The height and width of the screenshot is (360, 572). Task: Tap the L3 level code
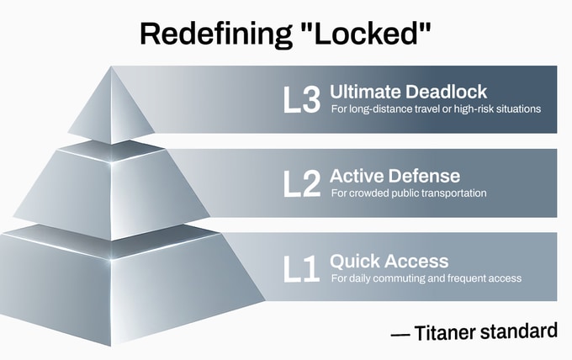click(x=302, y=100)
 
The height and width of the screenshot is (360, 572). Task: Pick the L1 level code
click(x=300, y=270)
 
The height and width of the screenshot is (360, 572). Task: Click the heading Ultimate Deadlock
click(x=408, y=91)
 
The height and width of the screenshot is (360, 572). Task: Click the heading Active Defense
click(x=395, y=176)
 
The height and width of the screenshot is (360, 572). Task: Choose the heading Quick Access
click(x=389, y=261)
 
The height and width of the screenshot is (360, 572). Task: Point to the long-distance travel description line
click(x=435, y=109)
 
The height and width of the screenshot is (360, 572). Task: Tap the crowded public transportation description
click(x=409, y=193)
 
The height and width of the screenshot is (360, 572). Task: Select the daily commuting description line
click(x=426, y=278)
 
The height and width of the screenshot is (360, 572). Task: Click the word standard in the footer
click(x=519, y=331)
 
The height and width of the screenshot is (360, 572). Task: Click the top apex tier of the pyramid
click(x=111, y=109)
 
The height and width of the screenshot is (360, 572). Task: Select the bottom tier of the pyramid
click(x=111, y=286)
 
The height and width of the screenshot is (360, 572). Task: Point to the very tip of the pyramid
click(x=111, y=67)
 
